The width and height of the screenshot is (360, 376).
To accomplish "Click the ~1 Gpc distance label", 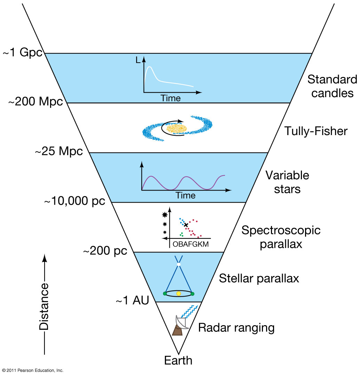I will tap(22, 53).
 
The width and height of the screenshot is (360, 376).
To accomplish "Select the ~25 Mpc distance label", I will tap(59, 152).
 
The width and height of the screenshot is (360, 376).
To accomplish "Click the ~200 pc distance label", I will tap(105, 251).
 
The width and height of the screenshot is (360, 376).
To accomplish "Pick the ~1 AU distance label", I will tap(132, 301).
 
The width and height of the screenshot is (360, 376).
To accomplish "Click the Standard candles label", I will tap(332, 86).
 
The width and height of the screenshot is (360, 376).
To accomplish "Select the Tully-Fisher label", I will tap(316, 131).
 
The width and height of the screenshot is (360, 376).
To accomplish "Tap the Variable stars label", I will tap(287, 182).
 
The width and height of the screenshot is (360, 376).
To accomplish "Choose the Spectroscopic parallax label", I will tap(281, 237).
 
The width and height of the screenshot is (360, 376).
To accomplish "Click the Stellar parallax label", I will tap(259, 279).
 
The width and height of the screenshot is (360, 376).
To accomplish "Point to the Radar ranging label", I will tap(236, 328).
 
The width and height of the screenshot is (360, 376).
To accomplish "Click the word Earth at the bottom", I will tap(178, 360).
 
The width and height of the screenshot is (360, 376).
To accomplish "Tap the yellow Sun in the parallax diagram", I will tap(178, 294).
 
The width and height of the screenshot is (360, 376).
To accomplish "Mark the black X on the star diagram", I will tap(186, 225).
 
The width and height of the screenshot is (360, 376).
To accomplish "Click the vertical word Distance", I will tap(44, 307).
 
